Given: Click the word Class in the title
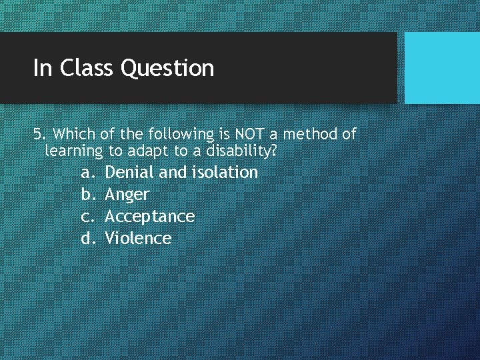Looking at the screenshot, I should pos(87,68).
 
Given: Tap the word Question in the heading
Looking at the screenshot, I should pos(168,69).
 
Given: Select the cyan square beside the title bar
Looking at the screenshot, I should pos(442,68).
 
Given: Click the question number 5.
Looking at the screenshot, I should pos(37,134).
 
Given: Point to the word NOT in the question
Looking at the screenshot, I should pos(250,134).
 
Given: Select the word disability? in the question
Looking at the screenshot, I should pos(242,151).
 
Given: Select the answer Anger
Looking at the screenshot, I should pos(127,195).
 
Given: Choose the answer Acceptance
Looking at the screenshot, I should pos(150,217).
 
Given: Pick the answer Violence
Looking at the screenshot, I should pos(138,239).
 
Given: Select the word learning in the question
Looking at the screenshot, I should pos(73,152).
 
